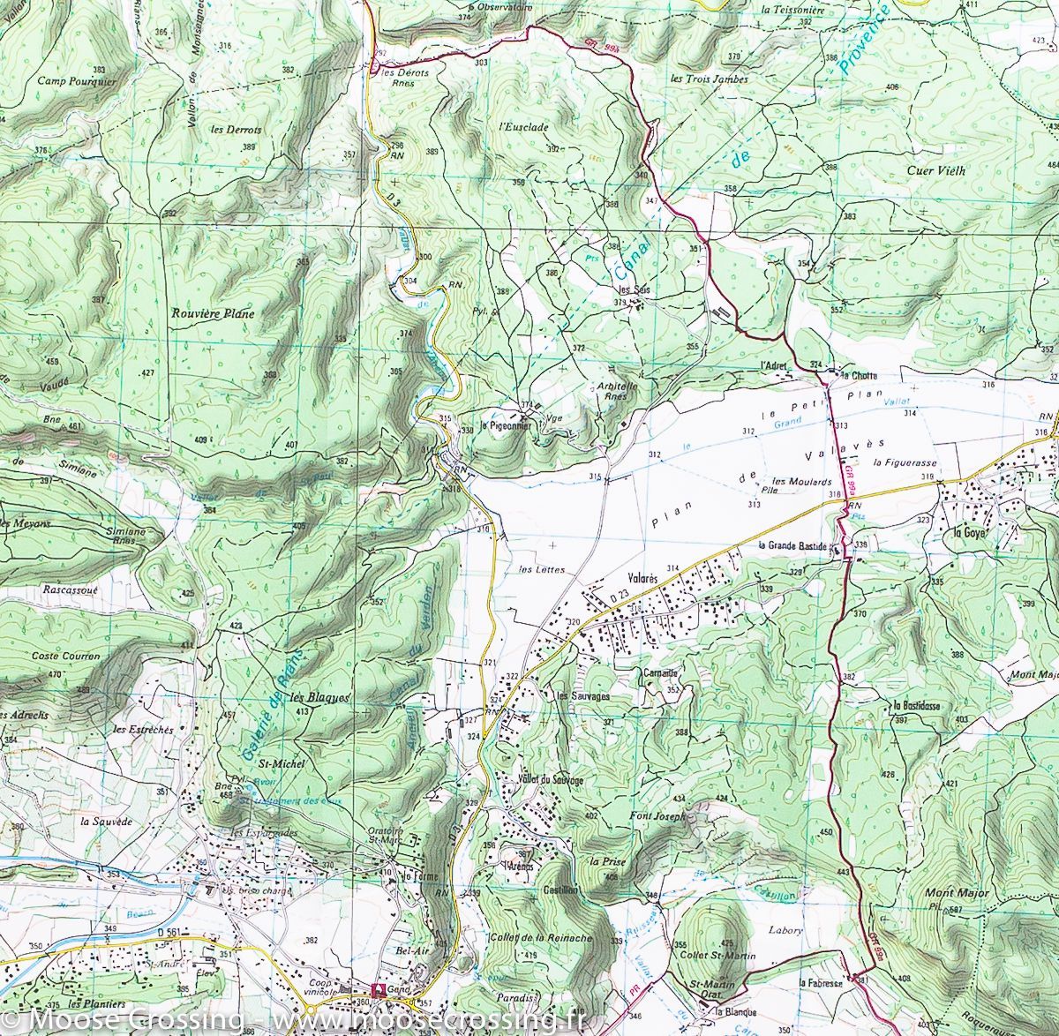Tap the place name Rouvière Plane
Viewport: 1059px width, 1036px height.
pos(213,313)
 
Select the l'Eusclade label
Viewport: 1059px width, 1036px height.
pos(523,127)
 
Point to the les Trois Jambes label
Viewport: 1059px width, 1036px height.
pos(709,79)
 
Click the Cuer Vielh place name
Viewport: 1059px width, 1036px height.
pos(936,171)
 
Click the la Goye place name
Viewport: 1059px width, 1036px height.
pos(967,532)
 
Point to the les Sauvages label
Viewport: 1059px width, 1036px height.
pos(583,695)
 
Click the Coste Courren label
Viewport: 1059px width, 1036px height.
pos(66,657)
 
